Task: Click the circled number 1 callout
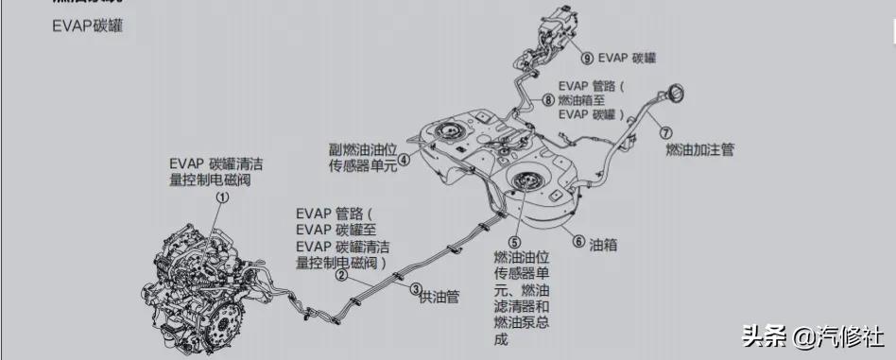pos(223,197)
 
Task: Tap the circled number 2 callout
pos(341,276)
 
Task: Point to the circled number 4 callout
pos(404,160)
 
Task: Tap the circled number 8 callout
pos(548,98)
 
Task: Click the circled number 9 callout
pos(588,58)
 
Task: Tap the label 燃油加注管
pos(699,149)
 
